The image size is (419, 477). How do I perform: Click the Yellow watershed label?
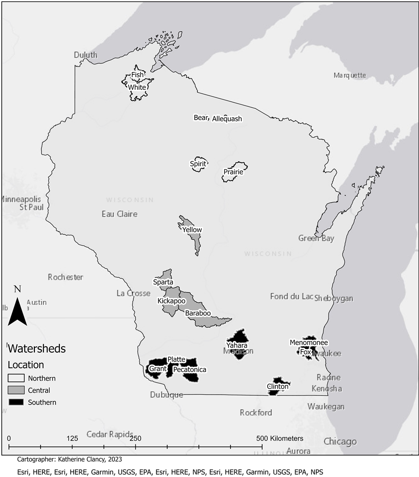pyautogui.click(x=192, y=230)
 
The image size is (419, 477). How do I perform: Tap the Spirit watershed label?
pyautogui.click(x=198, y=164)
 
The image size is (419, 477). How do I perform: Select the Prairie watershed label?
pyautogui.click(x=233, y=172)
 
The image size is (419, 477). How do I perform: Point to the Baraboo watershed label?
pyautogui.click(x=198, y=313)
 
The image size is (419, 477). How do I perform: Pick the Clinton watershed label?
pyautogui.click(x=278, y=387)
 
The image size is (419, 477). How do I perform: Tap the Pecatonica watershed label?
pyautogui.click(x=189, y=370)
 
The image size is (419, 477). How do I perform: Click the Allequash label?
pyautogui.click(x=227, y=119)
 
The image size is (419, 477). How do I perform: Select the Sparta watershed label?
pyautogui.click(x=163, y=282)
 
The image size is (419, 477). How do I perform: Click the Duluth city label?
pyautogui.click(x=85, y=55)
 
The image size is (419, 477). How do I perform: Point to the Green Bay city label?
pyautogui.click(x=316, y=238)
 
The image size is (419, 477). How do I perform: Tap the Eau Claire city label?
pyautogui.click(x=120, y=214)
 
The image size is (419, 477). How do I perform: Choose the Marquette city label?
pyautogui.click(x=349, y=75)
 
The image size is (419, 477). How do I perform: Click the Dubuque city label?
pyautogui.click(x=166, y=395)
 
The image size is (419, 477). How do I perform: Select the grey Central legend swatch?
pyautogui.click(x=16, y=390)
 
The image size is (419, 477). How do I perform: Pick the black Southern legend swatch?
pyautogui.click(x=16, y=402)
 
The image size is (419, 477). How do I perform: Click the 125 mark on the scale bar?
pyautogui.click(x=72, y=438)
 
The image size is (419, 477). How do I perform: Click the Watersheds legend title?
pyautogui.click(x=37, y=349)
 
